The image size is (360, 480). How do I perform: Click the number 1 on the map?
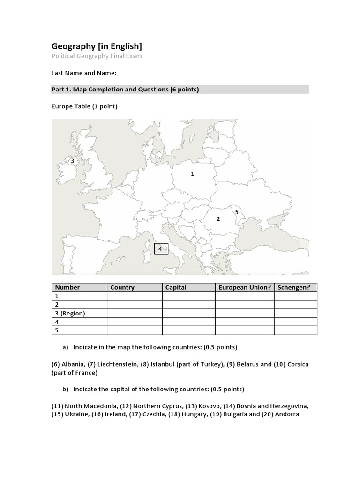click(192, 174)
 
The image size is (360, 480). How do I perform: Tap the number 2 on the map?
click(218, 219)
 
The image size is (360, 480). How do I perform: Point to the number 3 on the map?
click(72, 161)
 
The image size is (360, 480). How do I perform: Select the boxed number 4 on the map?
click(160, 249)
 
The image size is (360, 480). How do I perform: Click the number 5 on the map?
click(237, 212)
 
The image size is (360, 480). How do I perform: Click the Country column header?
click(122, 287)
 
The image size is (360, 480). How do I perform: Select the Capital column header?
click(176, 287)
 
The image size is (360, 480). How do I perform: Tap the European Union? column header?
click(245, 287)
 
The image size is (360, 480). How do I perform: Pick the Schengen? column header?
click(294, 287)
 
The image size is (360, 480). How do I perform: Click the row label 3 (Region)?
click(70, 314)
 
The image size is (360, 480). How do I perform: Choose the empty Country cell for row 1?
click(135, 296)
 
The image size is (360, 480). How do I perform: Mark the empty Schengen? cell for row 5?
click(296, 330)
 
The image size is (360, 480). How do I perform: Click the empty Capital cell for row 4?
click(189, 322)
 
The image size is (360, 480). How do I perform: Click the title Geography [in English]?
click(96, 46)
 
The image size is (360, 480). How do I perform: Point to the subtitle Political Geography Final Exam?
click(96, 56)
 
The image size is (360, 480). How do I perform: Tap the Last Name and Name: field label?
click(83, 73)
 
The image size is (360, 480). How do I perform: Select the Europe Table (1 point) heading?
click(84, 106)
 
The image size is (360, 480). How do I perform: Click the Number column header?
click(67, 287)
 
